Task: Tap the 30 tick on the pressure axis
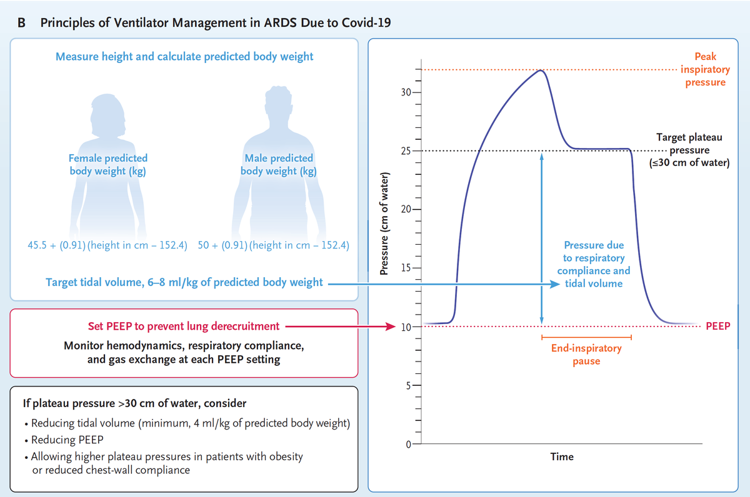407,92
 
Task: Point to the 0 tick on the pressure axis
409,444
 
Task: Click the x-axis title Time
561,456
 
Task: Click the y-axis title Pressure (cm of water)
384,222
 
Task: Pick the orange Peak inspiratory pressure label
705,69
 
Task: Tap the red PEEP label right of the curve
717,326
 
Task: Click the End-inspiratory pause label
586,354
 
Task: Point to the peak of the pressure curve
539,70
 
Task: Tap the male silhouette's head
278,100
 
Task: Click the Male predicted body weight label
278,164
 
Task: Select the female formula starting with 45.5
108,245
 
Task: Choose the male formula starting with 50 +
273,245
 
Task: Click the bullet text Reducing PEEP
61,440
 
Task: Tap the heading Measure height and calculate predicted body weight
184,57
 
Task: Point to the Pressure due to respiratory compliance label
594,264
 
